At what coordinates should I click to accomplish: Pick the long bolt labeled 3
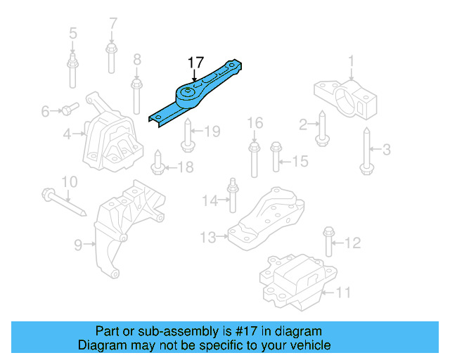tap(366, 149)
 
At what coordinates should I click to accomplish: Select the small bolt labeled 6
tap(68, 109)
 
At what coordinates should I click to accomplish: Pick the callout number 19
tap(212, 131)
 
